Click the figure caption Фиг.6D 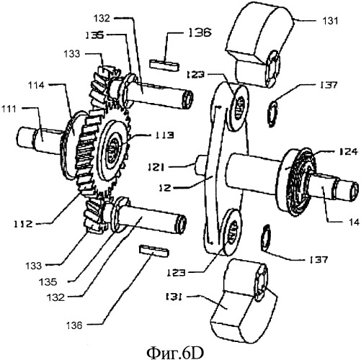click(175, 352)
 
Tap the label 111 click(9, 109)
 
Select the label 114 click(36, 85)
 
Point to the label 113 click(164, 135)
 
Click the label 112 click(23, 224)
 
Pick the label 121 click(156, 167)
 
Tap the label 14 click(354, 222)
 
